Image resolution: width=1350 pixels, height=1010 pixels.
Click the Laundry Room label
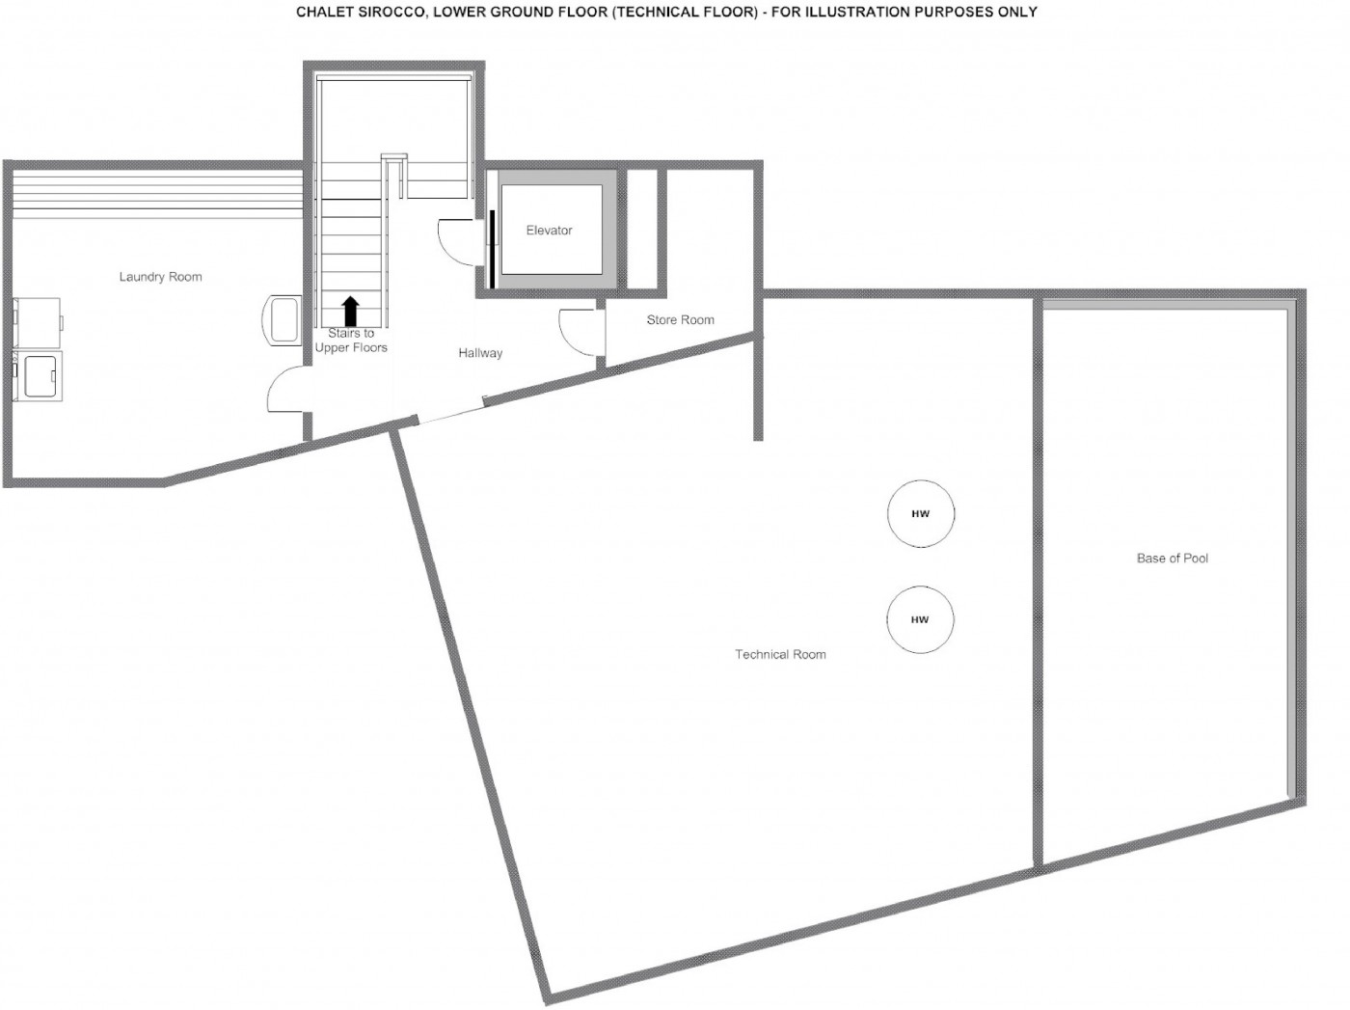point(160,277)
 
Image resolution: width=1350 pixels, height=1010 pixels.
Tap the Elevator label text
point(550,230)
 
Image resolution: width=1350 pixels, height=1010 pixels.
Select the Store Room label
point(680,320)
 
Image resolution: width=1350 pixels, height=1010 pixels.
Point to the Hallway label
point(480,353)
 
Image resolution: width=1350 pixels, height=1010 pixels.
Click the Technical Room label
point(780,654)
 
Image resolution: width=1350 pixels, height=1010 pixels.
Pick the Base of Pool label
point(1173,559)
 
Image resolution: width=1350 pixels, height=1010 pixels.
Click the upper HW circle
point(921,513)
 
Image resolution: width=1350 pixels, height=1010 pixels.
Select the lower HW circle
point(920,619)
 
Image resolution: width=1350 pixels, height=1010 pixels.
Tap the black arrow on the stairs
point(351,312)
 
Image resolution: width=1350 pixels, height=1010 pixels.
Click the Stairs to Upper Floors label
point(351,341)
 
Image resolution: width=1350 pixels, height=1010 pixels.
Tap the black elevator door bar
point(492,249)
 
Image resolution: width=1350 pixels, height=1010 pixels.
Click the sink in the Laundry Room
point(282,320)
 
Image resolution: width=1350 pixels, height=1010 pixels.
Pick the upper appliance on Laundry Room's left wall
point(38,323)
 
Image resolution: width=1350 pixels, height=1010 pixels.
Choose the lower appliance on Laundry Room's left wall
point(38,376)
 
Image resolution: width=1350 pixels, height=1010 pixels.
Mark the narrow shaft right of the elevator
point(642,229)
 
